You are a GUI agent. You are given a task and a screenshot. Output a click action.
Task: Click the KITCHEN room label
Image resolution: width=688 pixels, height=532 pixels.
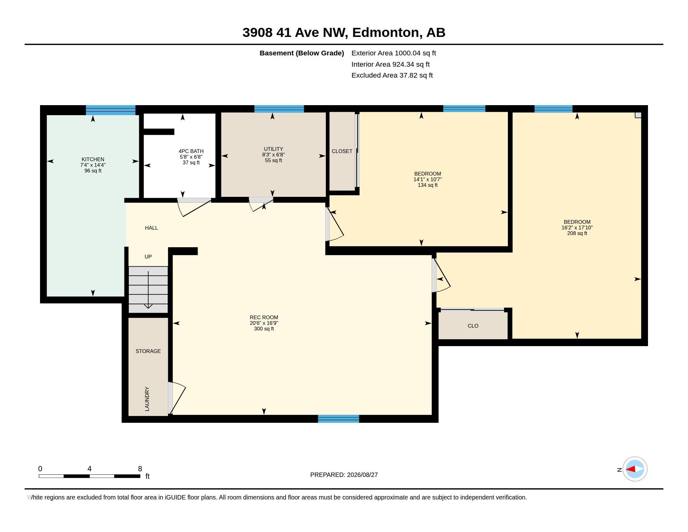pyautogui.click(x=93, y=160)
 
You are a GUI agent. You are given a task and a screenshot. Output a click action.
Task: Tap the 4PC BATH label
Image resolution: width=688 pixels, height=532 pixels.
pyautogui.click(x=191, y=151)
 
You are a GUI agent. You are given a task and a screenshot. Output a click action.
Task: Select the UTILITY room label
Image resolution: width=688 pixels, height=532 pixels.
pyautogui.click(x=273, y=149)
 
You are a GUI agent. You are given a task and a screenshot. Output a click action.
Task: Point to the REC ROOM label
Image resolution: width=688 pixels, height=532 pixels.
pyautogui.click(x=264, y=317)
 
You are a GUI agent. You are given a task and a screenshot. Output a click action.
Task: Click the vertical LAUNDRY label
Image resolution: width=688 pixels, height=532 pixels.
pyautogui.click(x=147, y=399)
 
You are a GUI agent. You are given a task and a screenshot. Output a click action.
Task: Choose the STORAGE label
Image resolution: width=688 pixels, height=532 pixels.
pyautogui.click(x=148, y=351)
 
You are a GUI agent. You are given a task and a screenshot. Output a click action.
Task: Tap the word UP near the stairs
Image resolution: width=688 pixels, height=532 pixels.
pyautogui.click(x=148, y=257)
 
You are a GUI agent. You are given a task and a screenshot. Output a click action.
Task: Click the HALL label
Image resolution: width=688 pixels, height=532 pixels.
pyautogui.click(x=151, y=228)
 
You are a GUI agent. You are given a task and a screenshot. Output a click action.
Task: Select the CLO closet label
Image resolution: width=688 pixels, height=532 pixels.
pyautogui.click(x=473, y=326)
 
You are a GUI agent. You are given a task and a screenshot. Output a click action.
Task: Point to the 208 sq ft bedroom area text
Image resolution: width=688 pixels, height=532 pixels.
pyautogui.click(x=577, y=233)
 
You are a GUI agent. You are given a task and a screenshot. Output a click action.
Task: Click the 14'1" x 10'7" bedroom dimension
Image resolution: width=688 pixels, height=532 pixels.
pyautogui.click(x=427, y=179)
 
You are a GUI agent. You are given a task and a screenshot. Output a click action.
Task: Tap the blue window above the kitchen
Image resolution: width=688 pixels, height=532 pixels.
pyautogui.click(x=111, y=110)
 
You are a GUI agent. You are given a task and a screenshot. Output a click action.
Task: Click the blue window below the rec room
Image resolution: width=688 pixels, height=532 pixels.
pyautogui.click(x=338, y=419)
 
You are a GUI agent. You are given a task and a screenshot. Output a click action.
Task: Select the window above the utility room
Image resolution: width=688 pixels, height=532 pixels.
pyautogui.click(x=279, y=109)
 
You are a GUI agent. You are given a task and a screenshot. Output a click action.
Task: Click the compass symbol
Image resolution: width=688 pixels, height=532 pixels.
pyautogui.click(x=635, y=469)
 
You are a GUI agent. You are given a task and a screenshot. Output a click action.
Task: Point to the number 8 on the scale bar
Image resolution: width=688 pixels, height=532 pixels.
pyautogui.click(x=140, y=469)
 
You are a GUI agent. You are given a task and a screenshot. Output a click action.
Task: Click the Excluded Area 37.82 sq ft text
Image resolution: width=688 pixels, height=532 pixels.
pyautogui.click(x=392, y=75)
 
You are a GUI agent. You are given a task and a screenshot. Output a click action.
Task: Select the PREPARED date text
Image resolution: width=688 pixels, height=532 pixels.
pyautogui.click(x=344, y=475)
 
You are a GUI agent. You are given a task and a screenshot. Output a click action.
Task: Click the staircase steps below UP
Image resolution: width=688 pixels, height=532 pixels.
pyautogui.click(x=148, y=290)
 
